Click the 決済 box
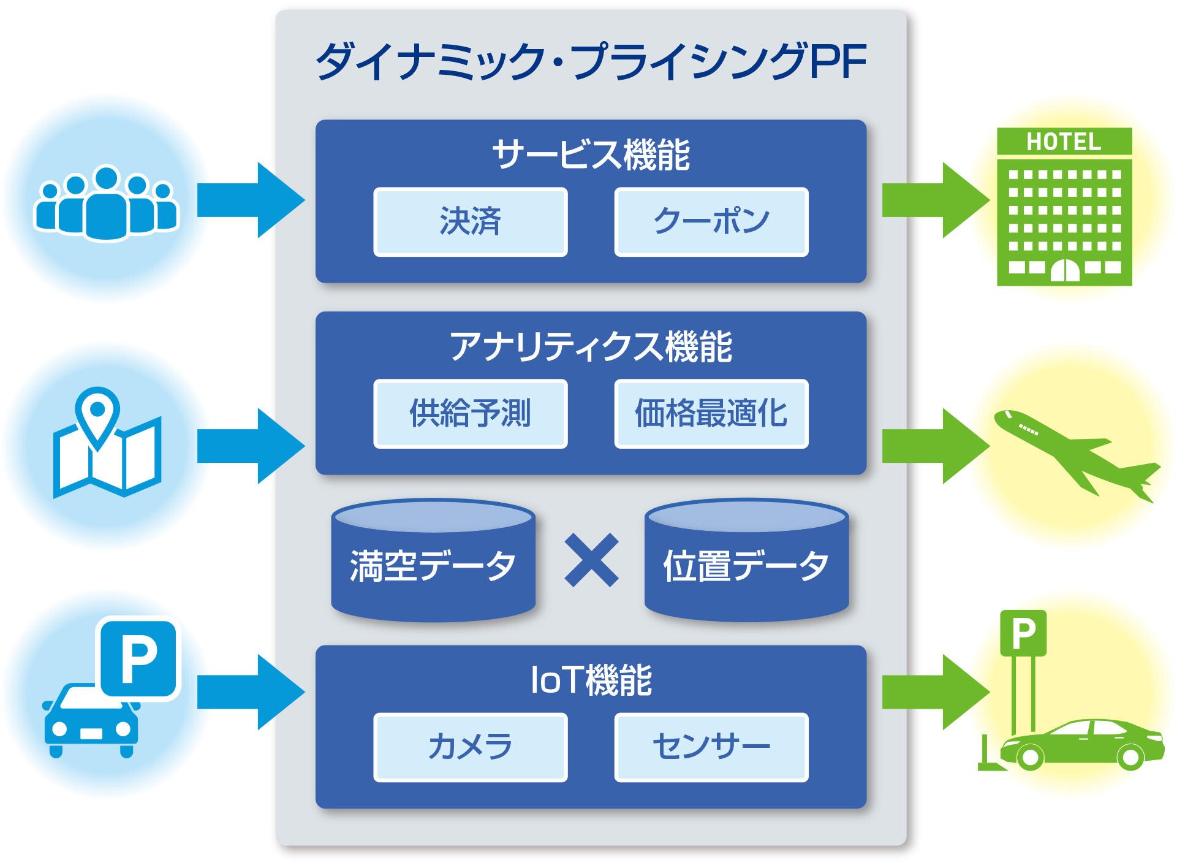pyautogui.click(x=470, y=221)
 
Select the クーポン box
pyautogui.click(x=711, y=221)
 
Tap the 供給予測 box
pyautogui.click(x=470, y=413)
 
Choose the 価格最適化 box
pyautogui.click(x=711, y=413)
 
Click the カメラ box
pyautogui.click(x=470, y=747)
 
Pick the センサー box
pyautogui.click(x=711, y=747)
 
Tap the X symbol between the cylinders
pyautogui.click(x=591, y=560)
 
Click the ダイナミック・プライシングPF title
pyautogui.click(x=591, y=61)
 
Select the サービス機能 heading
pyautogui.click(x=591, y=154)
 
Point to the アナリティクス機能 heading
pyautogui.click(x=591, y=346)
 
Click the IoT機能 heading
pyautogui.click(x=591, y=680)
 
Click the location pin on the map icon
pyautogui.click(x=97, y=412)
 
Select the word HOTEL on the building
pyautogui.click(x=1064, y=142)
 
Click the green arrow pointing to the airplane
pyautogui.click(x=935, y=446)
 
